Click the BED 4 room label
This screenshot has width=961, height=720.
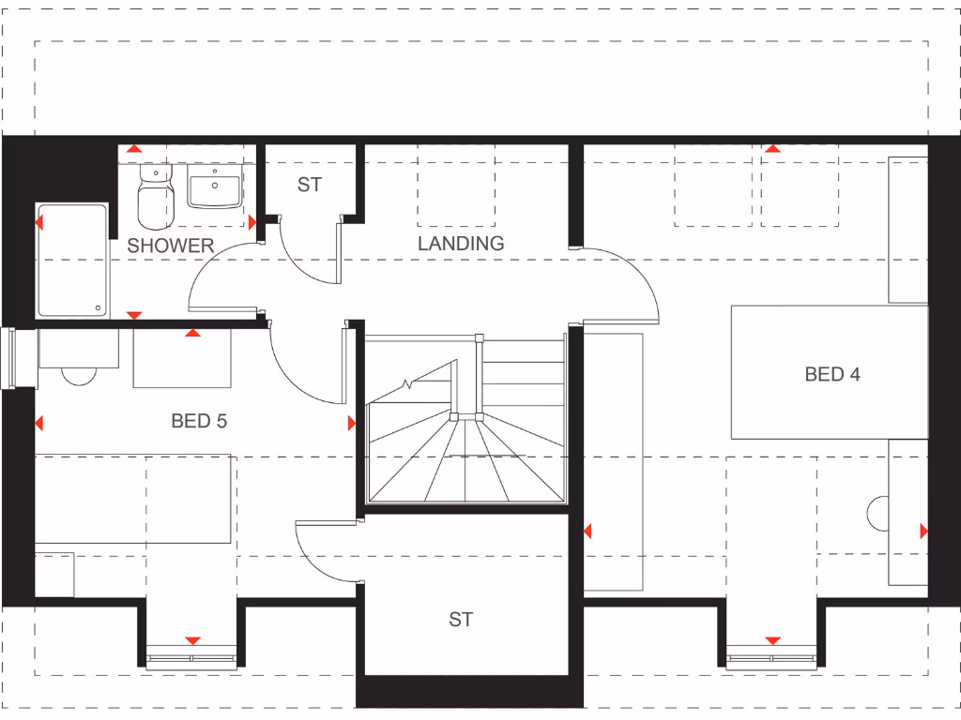[832, 374]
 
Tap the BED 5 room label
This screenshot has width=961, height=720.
[199, 421]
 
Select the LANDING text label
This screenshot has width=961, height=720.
[461, 243]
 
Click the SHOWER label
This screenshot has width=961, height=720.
[170, 246]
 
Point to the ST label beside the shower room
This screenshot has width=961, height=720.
[310, 185]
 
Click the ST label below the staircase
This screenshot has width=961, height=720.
[460, 620]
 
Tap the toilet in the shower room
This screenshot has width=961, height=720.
[156, 199]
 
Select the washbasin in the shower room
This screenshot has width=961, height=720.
[216, 187]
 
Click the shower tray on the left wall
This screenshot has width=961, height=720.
[71, 260]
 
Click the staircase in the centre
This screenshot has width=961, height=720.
[466, 422]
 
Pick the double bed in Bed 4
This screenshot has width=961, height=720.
[830, 372]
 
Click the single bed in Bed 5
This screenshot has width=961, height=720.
[132, 500]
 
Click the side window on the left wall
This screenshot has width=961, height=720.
[8, 357]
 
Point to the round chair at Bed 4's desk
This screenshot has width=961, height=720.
[877, 514]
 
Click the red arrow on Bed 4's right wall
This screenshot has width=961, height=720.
[923, 532]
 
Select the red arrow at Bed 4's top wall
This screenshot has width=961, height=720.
[772, 148]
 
